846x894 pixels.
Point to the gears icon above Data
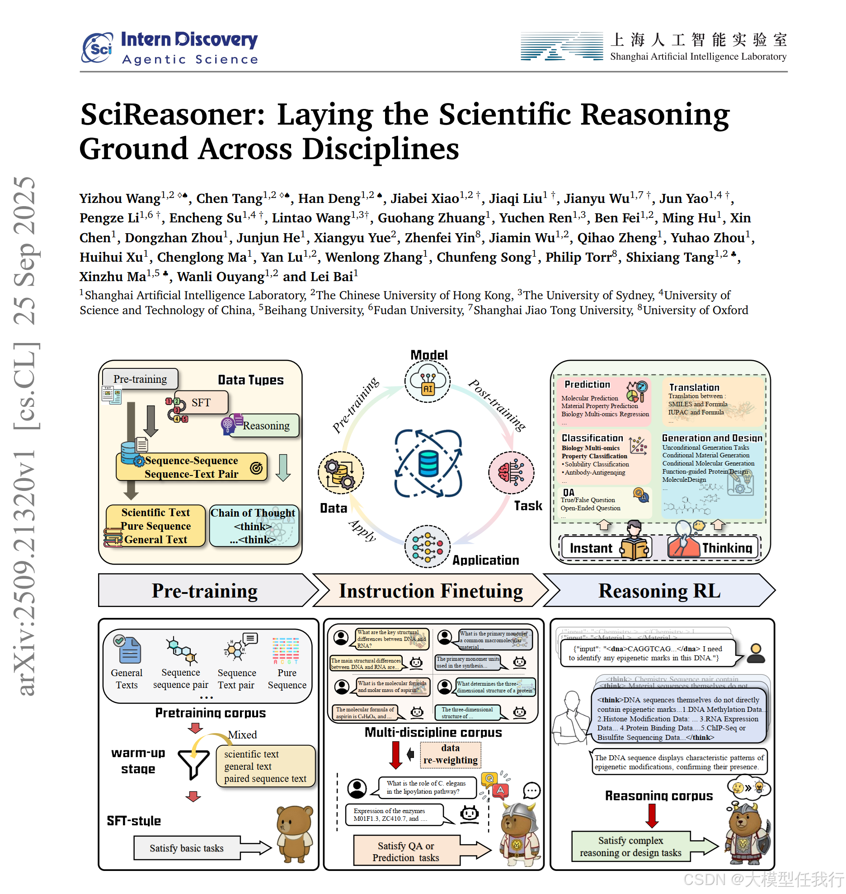click(341, 473)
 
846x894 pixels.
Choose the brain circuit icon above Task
click(511, 472)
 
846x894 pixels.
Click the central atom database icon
click(428, 464)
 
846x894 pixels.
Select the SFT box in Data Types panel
click(201, 402)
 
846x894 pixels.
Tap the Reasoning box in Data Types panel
click(266, 425)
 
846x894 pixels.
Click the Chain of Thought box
click(253, 526)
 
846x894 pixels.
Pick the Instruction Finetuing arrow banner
click(431, 591)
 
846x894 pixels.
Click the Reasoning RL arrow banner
click(659, 591)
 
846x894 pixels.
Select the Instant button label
click(591, 548)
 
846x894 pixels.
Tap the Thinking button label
click(727, 548)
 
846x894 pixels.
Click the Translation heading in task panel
click(694, 387)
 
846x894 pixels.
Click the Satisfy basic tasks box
click(187, 848)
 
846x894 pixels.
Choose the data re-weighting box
click(450, 754)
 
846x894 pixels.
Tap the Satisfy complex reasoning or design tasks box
click(630, 847)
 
